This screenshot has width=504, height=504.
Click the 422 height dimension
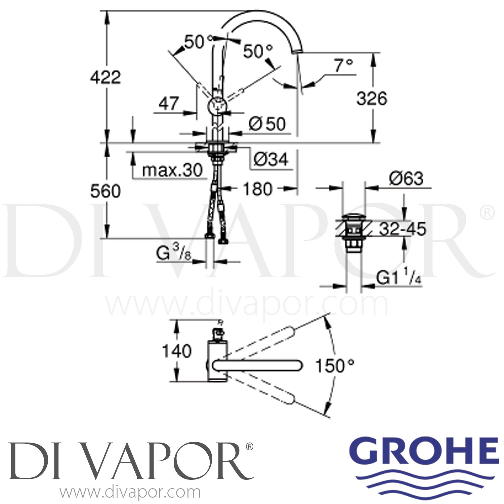105,78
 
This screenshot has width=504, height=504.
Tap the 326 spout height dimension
372,98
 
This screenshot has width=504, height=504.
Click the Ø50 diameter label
267,124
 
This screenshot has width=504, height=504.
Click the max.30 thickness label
172,170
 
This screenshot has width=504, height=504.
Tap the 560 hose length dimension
105,191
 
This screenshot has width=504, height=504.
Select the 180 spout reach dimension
257,189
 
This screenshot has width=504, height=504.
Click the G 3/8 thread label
173,254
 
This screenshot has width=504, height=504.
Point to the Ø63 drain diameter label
406,178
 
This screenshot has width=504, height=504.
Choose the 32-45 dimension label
402,229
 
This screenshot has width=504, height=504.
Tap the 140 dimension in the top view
177,351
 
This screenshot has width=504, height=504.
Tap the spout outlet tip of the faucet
297,51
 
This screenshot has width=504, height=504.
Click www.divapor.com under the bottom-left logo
130,492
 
